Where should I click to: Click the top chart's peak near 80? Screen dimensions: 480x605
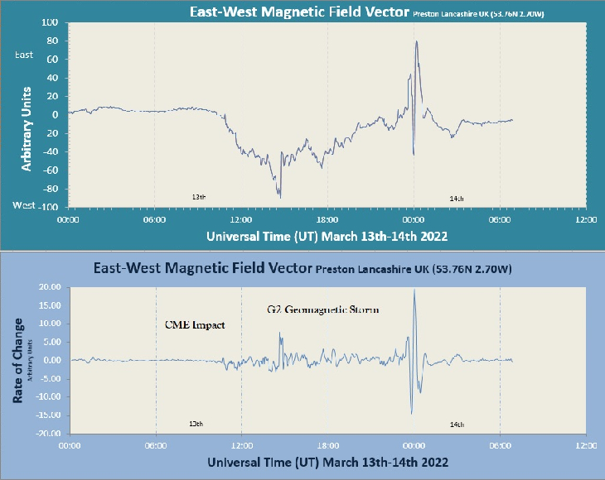(416, 41)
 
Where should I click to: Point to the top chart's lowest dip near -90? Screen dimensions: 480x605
(280, 197)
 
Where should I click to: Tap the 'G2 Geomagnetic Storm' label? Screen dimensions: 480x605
(323, 310)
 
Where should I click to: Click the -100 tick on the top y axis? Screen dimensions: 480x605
(46, 207)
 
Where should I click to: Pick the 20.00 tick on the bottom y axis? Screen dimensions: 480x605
(51, 287)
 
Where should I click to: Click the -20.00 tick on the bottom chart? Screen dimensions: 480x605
(49, 433)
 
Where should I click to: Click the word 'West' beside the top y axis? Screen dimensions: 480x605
(23, 204)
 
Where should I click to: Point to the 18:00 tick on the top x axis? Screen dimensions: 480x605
(327, 219)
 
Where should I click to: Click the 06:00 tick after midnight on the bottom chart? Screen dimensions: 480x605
(500, 445)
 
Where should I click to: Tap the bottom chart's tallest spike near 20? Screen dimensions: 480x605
(414, 290)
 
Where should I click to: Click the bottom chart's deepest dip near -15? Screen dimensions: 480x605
(411, 413)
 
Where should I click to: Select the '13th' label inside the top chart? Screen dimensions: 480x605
(198, 198)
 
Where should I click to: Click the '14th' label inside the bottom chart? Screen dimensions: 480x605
(457, 424)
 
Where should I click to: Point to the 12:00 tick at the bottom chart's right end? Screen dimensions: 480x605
(585, 445)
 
